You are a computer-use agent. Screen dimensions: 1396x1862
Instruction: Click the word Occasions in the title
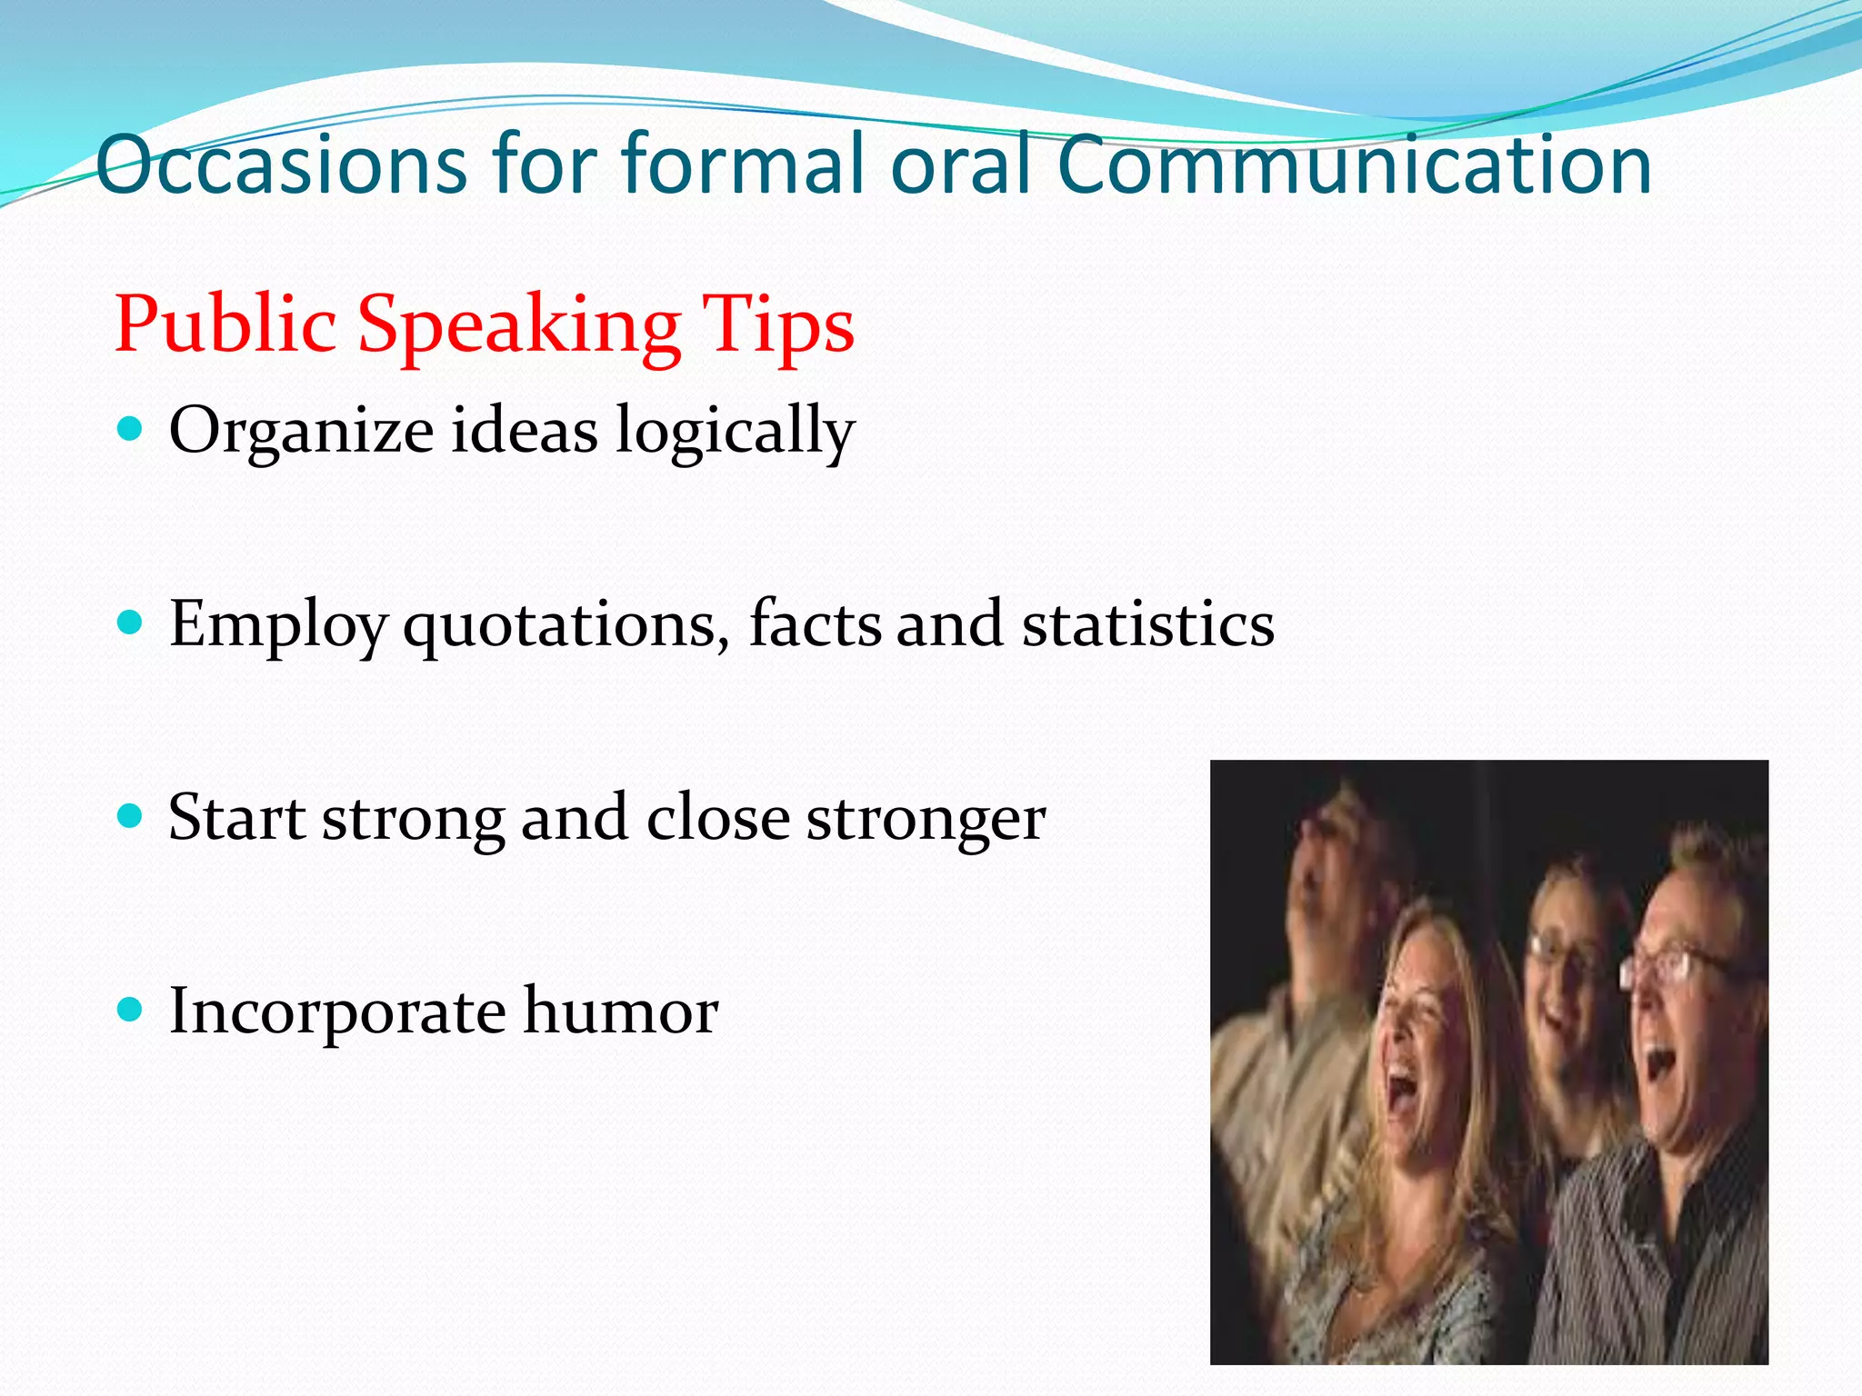click(x=283, y=165)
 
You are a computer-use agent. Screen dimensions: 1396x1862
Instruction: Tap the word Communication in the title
click(x=1354, y=165)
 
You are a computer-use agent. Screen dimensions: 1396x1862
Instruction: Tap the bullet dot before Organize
click(x=131, y=429)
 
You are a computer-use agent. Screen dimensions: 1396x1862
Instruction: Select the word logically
click(x=735, y=431)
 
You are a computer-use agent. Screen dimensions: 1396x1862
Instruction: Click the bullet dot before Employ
click(x=131, y=623)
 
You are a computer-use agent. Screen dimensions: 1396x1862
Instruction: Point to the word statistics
click(x=1148, y=624)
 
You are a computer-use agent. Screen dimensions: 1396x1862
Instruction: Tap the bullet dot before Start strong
click(x=131, y=816)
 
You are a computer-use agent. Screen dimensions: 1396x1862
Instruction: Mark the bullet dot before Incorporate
click(x=131, y=1010)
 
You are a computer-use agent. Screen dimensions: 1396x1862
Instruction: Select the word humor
click(x=621, y=1011)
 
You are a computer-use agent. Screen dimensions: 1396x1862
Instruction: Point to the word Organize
click(x=301, y=431)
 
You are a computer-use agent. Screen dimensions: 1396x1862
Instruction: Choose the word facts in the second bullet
click(x=815, y=624)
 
